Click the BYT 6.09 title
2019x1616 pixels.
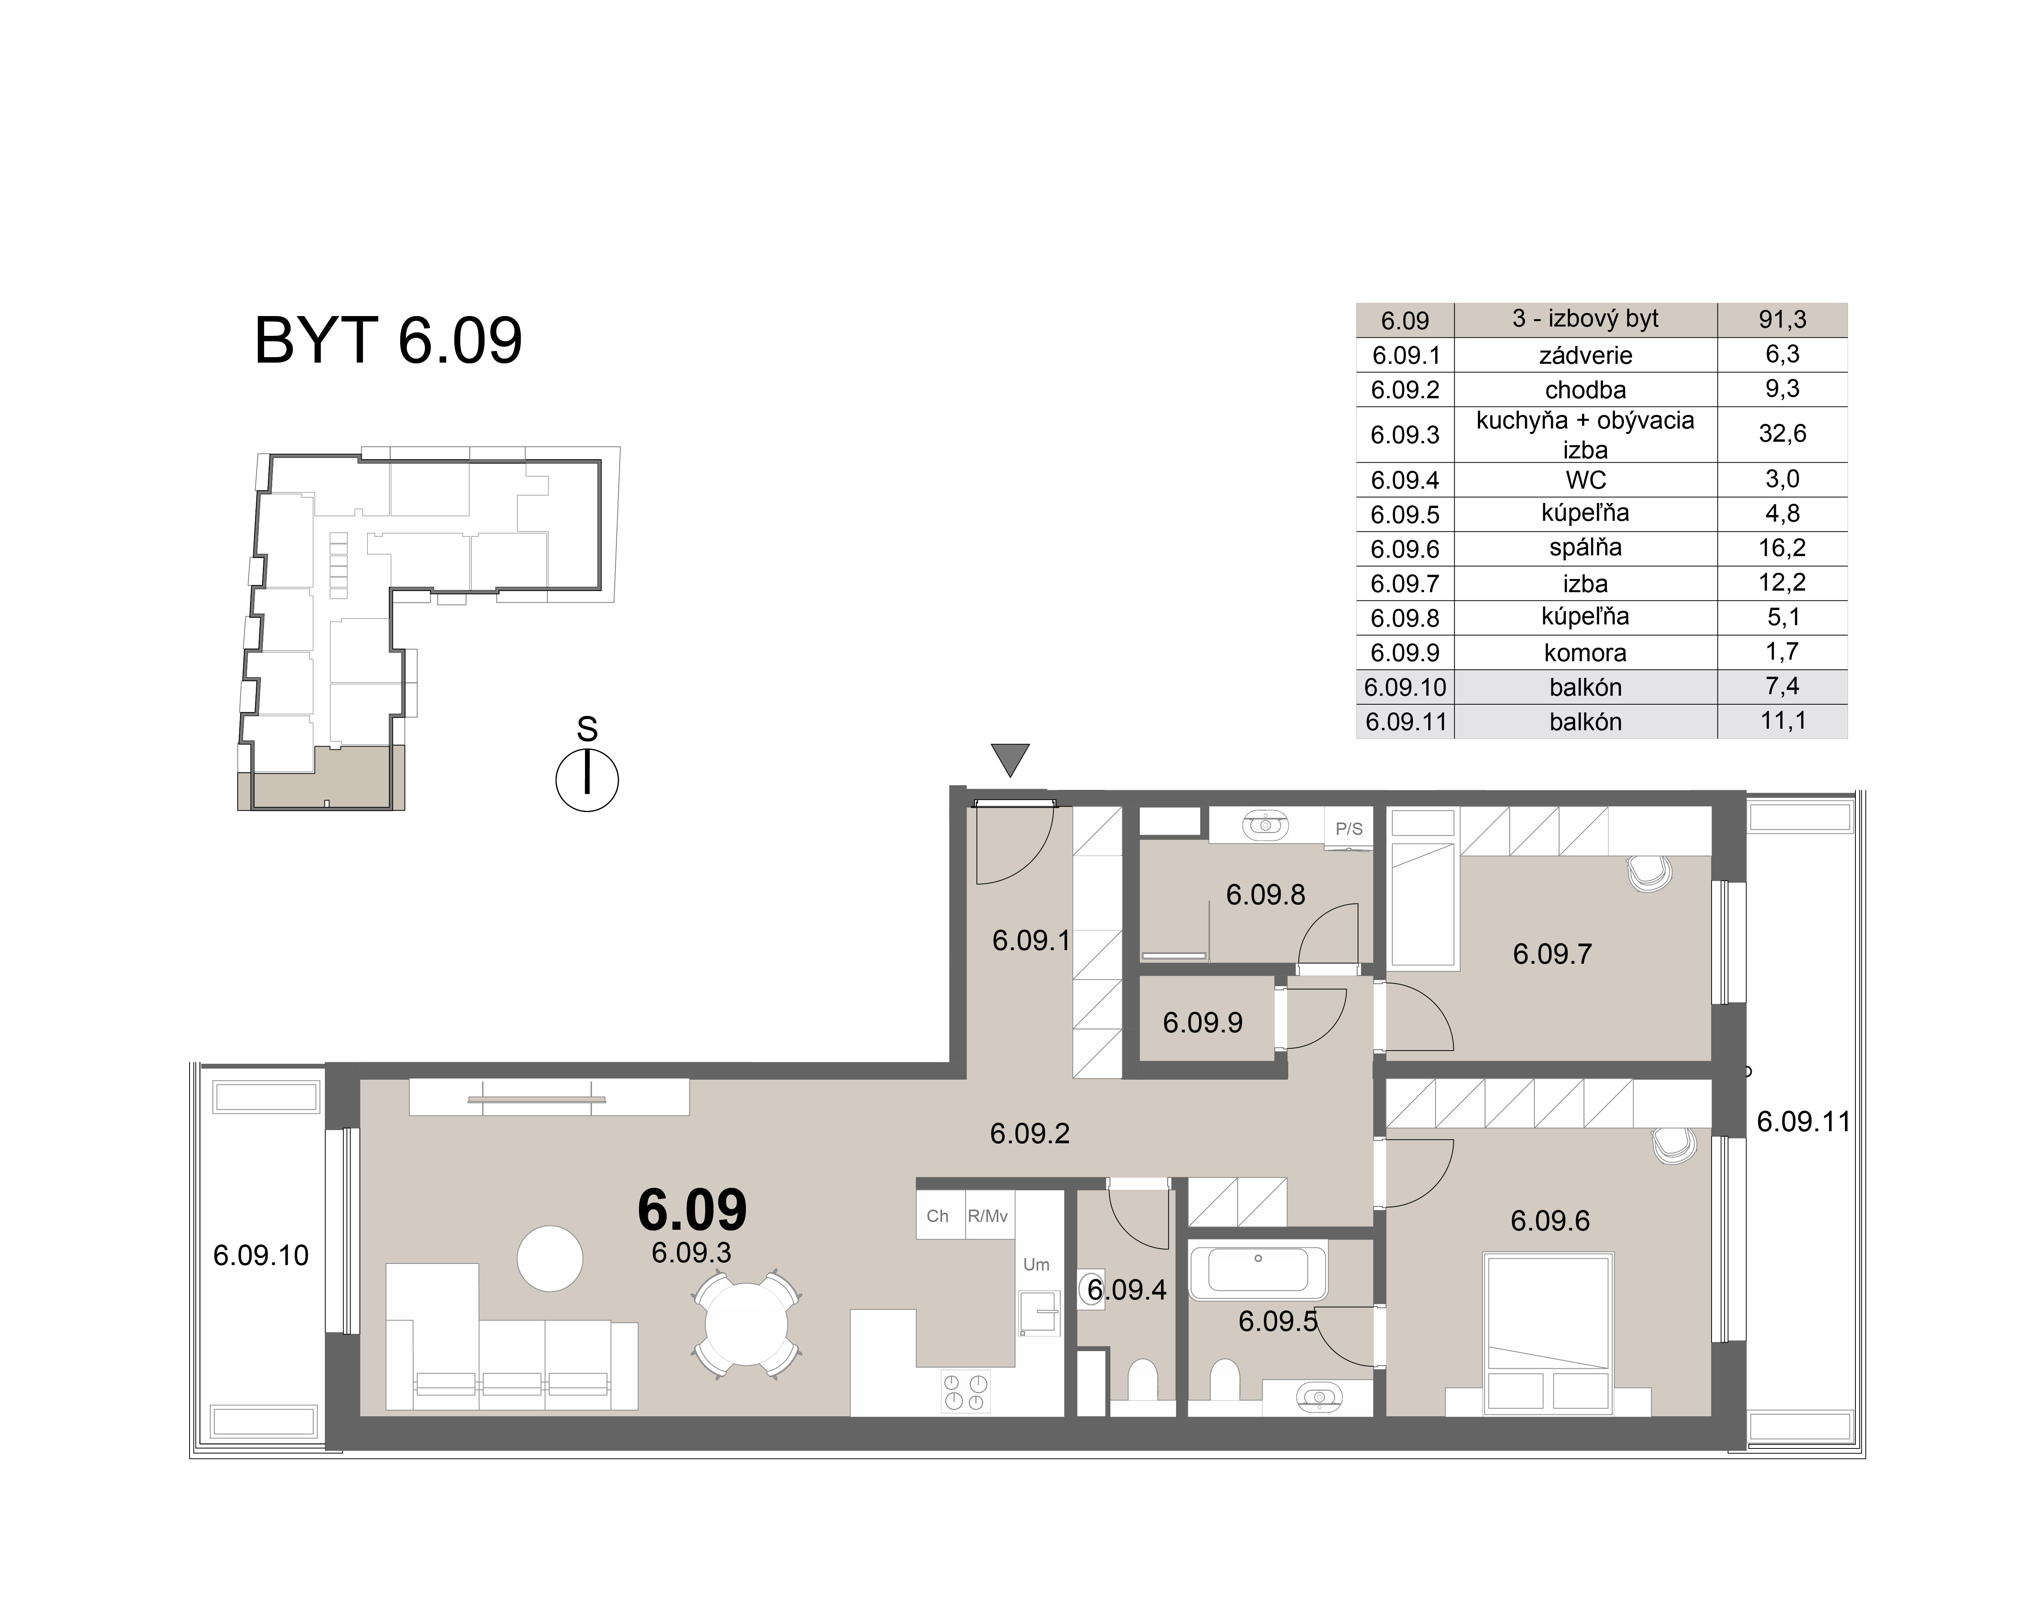point(388,341)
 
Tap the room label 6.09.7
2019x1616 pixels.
point(1552,954)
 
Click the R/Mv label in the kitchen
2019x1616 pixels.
point(988,1216)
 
